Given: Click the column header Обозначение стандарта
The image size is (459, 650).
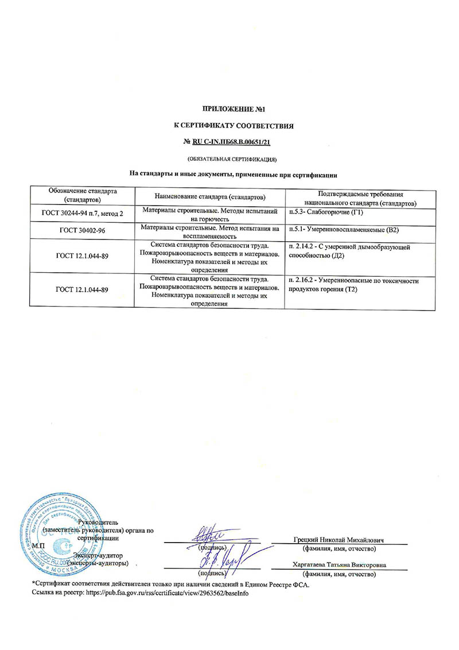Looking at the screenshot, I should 83,195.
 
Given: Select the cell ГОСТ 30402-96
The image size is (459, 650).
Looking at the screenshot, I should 83,230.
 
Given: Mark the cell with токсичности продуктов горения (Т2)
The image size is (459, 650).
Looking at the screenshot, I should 354,285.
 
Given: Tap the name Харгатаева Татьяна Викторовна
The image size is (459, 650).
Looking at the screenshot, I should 339,565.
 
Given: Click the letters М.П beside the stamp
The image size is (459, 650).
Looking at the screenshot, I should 38,545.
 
